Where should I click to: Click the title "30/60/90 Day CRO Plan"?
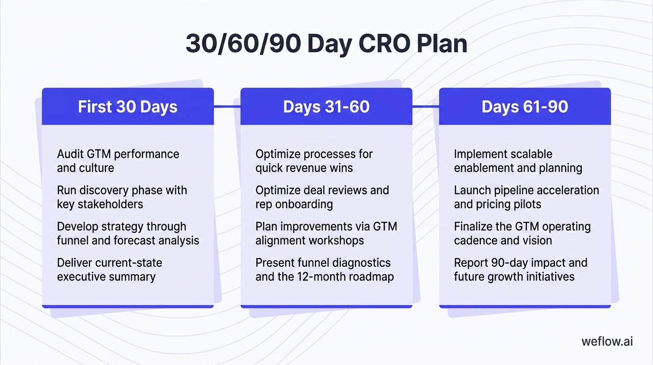point(326,44)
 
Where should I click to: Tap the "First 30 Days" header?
point(128,106)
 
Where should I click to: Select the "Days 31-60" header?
point(326,106)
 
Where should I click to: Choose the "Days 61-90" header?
point(524,106)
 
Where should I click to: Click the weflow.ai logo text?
point(607,342)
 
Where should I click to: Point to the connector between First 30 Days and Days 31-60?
point(227,106)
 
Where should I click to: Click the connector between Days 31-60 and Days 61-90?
point(425,106)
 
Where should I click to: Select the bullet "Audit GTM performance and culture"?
point(118,161)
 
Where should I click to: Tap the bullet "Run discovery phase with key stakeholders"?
point(121,197)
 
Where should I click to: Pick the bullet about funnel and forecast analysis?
point(128,233)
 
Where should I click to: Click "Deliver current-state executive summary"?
point(109,269)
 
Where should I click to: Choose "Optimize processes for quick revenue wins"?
point(314,161)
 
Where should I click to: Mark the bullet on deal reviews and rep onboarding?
point(322,197)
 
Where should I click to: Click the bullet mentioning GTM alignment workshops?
point(326,233)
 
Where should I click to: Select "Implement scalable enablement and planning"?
point(518,161)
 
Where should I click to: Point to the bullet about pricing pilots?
point(526,197)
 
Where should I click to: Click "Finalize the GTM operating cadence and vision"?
point(522,233)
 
